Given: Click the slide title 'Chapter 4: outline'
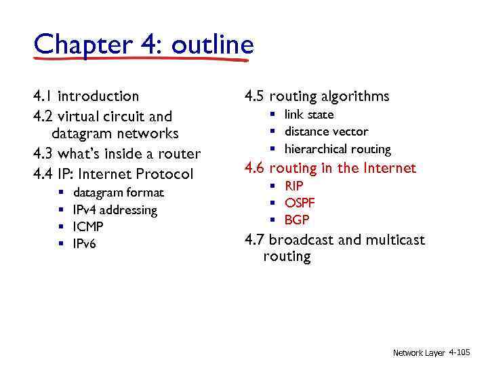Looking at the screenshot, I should tap(144, 45).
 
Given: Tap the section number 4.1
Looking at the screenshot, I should tap(42, 96).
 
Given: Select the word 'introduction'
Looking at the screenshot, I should tap(98, 96).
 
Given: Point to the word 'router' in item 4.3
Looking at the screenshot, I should tap(179, 153).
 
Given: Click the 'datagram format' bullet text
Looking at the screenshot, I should tap(118, 193).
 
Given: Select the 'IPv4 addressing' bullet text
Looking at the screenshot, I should tap(115, 210).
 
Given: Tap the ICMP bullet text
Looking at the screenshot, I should tap(88, 226).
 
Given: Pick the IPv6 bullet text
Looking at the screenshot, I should tap(85, 243).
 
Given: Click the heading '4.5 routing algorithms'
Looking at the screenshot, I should tap(317, 96).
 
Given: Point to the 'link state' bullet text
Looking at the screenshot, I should tap(309, 115).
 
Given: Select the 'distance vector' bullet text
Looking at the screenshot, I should tap(326, 131).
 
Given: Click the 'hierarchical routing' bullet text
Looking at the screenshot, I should tap(338, 149).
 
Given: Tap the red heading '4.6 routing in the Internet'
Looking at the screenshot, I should tap(330, 168).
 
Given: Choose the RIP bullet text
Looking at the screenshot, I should tap(294, 186).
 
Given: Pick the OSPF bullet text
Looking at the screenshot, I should tap(300, 203).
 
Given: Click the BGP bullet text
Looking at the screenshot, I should tap(297, 220).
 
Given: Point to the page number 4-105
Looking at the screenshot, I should tap(459, 353).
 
